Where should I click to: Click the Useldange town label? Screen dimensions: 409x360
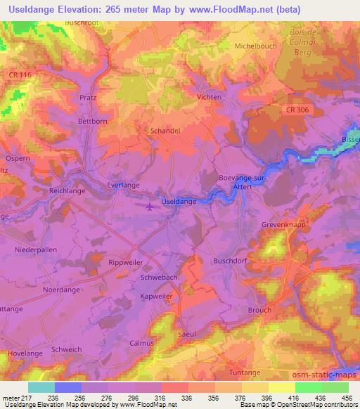click(179, 202)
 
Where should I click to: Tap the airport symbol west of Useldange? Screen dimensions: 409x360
click(150, 207)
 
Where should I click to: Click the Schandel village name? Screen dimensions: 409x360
click(165, 131)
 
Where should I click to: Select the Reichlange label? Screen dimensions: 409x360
click(66, 190)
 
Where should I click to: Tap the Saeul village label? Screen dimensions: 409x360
click(186, 335)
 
